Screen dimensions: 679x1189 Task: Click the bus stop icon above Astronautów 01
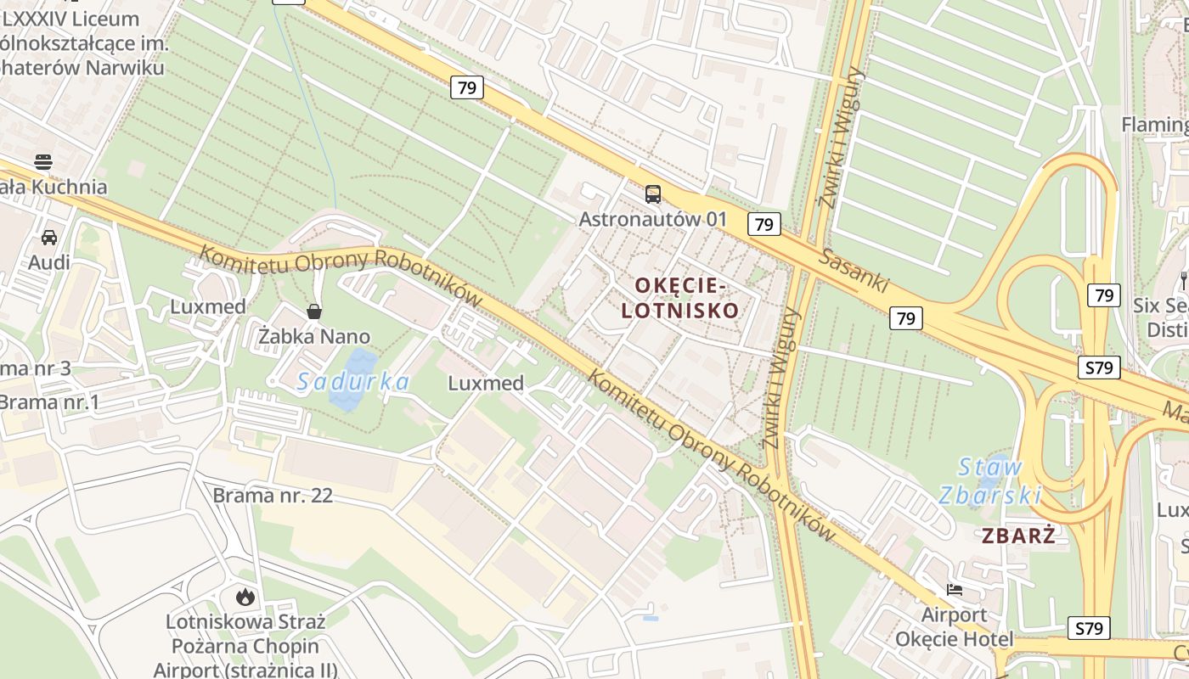point(652,194)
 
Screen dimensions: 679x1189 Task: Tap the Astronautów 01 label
point(652,219)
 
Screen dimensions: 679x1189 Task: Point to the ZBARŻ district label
point(1018,536)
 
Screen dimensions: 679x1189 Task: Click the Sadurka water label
point(353,382)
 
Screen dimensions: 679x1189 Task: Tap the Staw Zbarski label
point(990,480)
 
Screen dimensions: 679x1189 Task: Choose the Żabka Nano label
point(314,337)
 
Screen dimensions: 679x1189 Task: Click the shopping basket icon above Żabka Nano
point(314,311)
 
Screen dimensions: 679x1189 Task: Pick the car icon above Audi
point(49,238)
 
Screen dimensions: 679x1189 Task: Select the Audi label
point(49,262)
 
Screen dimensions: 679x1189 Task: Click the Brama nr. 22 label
point(273,495)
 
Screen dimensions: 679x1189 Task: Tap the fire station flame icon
point(245,597)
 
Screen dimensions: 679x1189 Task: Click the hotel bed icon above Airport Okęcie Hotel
point(955,590)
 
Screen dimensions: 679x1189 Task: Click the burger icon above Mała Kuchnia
point(43,162)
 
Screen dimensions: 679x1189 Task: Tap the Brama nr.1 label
point(49,401)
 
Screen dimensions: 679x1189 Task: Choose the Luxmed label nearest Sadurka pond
point(486,383)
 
